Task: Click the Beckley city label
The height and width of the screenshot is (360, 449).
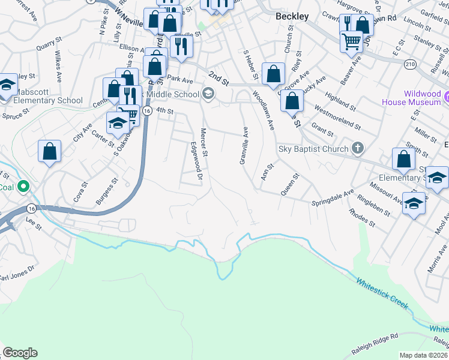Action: (292, 16)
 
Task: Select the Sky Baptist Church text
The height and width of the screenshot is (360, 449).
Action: (313, 149)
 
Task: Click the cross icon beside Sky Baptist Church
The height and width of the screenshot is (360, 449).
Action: (357, 148)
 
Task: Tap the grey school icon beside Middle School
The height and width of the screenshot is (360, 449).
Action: (208, 94)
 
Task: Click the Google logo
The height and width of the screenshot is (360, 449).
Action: (20, 353)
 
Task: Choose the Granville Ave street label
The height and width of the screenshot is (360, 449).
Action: (244, 146)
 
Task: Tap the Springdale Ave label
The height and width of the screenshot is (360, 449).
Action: (333, 199)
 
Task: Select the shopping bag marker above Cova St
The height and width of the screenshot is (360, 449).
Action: (49, 152)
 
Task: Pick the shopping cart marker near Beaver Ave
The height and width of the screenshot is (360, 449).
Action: (351, 42)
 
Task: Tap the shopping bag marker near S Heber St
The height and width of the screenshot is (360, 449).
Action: (273, 75)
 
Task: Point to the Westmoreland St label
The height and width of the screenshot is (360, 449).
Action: (337, 119)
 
